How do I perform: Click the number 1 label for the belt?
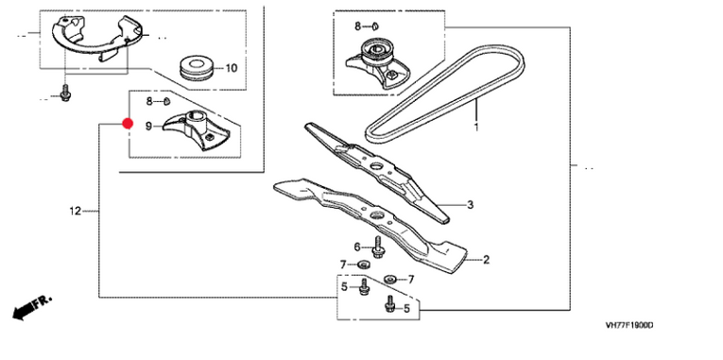tap(476, 127)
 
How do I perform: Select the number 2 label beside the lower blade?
tap(486, 260)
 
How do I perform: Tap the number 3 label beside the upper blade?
tap(471, 205)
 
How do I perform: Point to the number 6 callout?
tap(357, 247)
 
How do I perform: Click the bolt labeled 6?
tap(378, 247)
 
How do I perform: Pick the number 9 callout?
tap(148, 126)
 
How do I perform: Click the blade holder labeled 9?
tap(196, 130)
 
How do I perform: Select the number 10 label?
tap(231, 69)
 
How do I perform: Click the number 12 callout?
tap(76, 211)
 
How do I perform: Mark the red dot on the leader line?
tap(128, 124)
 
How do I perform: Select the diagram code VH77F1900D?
tap(629, 325)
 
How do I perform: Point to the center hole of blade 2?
tap(377, 214)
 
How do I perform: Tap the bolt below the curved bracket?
tap(65, 94)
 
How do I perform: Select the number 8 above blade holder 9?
tap(149, 101)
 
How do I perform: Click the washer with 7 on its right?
tap(390, 278)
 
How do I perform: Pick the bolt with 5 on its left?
tap(364, 286)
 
